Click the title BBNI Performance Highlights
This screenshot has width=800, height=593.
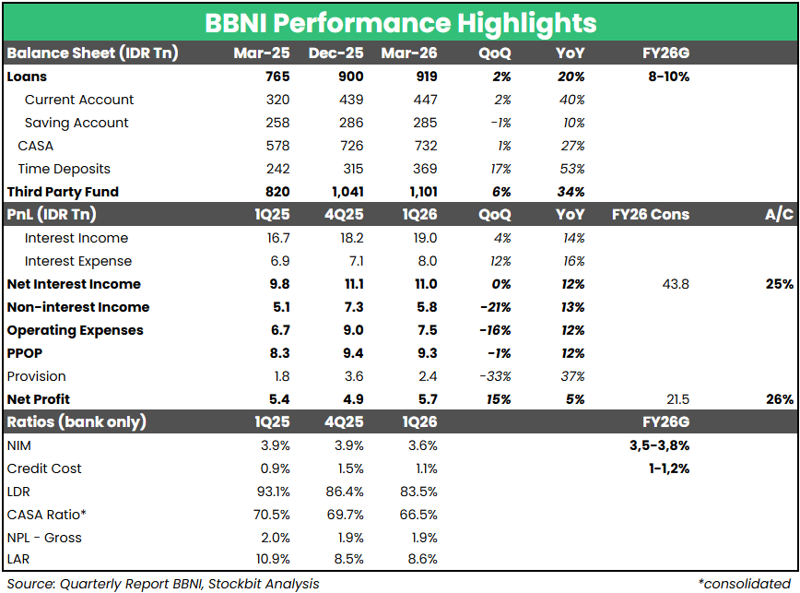[x=400, y=22]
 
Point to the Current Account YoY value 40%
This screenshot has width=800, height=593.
[x=571, y=100]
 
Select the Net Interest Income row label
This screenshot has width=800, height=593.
[x=74, y=284]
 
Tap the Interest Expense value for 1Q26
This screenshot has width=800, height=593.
[x=426, y=261]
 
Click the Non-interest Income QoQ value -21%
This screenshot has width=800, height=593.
[x=495, y=307]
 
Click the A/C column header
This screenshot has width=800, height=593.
[x=779, y=215]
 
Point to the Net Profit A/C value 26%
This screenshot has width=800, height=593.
[x=778, y=399]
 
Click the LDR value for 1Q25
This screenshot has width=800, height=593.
[x=274, y=492]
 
